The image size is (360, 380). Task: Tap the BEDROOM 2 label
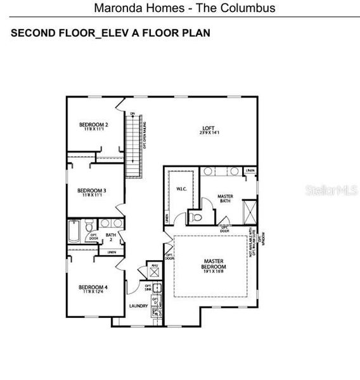point(93,125)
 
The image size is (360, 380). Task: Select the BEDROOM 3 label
point(91,190)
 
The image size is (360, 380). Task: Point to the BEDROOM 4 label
point(93,287)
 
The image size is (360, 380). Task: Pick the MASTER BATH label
point(225,196)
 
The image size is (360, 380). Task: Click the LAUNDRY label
point(138,306)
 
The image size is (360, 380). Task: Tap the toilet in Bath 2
point(89,226)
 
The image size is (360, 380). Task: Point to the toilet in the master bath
point(196,218)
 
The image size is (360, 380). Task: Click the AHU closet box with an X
point(153,272)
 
